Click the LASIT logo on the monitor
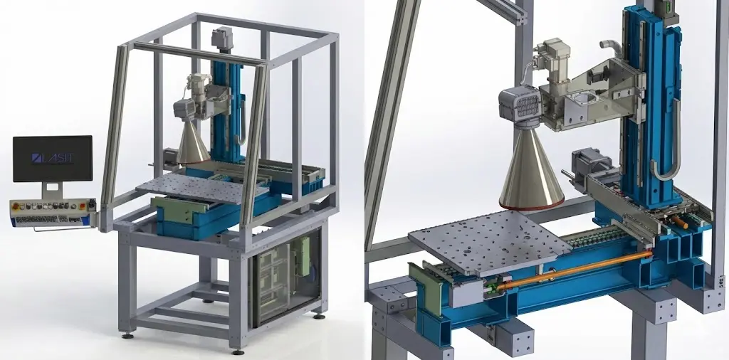[53, 157]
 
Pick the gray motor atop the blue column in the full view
[223, 38]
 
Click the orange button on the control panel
[83, 206]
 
